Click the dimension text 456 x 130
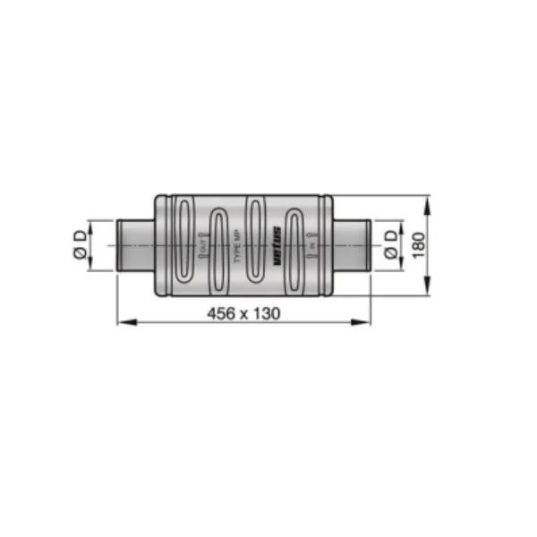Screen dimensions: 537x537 point(243,313)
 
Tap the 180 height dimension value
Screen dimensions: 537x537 point(416,243)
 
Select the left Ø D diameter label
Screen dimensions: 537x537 point(81,243)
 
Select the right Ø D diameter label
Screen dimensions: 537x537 point(391,243)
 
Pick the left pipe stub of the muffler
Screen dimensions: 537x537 point(135,243)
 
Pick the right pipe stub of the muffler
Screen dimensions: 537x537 point(352,243)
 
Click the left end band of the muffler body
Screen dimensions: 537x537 point(158,243)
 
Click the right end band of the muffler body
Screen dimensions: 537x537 point(328,243)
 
